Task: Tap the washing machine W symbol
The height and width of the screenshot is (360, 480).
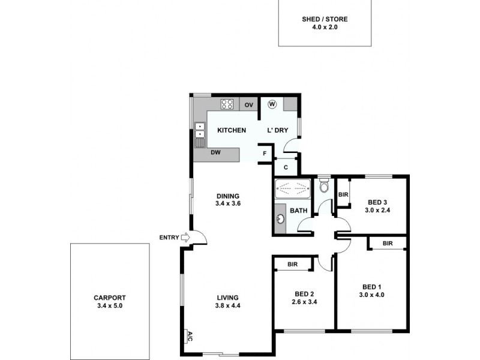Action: [272, 104]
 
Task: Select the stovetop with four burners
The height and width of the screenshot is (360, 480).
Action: [227, 104]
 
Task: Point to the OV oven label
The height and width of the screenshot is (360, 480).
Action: [249, 105]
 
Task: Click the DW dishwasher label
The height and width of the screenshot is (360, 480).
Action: [216, 152]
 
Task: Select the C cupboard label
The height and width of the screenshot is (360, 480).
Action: [286, 167]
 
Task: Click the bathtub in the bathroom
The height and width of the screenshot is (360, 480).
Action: [293, 189]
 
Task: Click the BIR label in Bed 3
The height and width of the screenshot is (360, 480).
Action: [343, 194]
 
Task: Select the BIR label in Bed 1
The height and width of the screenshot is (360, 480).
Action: [387, 243]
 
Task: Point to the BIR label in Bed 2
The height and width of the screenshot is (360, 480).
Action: [293, 264]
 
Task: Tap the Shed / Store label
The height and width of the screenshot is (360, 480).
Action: [325, 19]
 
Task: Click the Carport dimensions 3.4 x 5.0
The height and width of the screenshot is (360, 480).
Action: [110, 305]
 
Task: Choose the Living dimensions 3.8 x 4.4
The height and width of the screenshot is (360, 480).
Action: [229, 305]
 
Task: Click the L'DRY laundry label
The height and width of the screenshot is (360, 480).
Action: [278, 130]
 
